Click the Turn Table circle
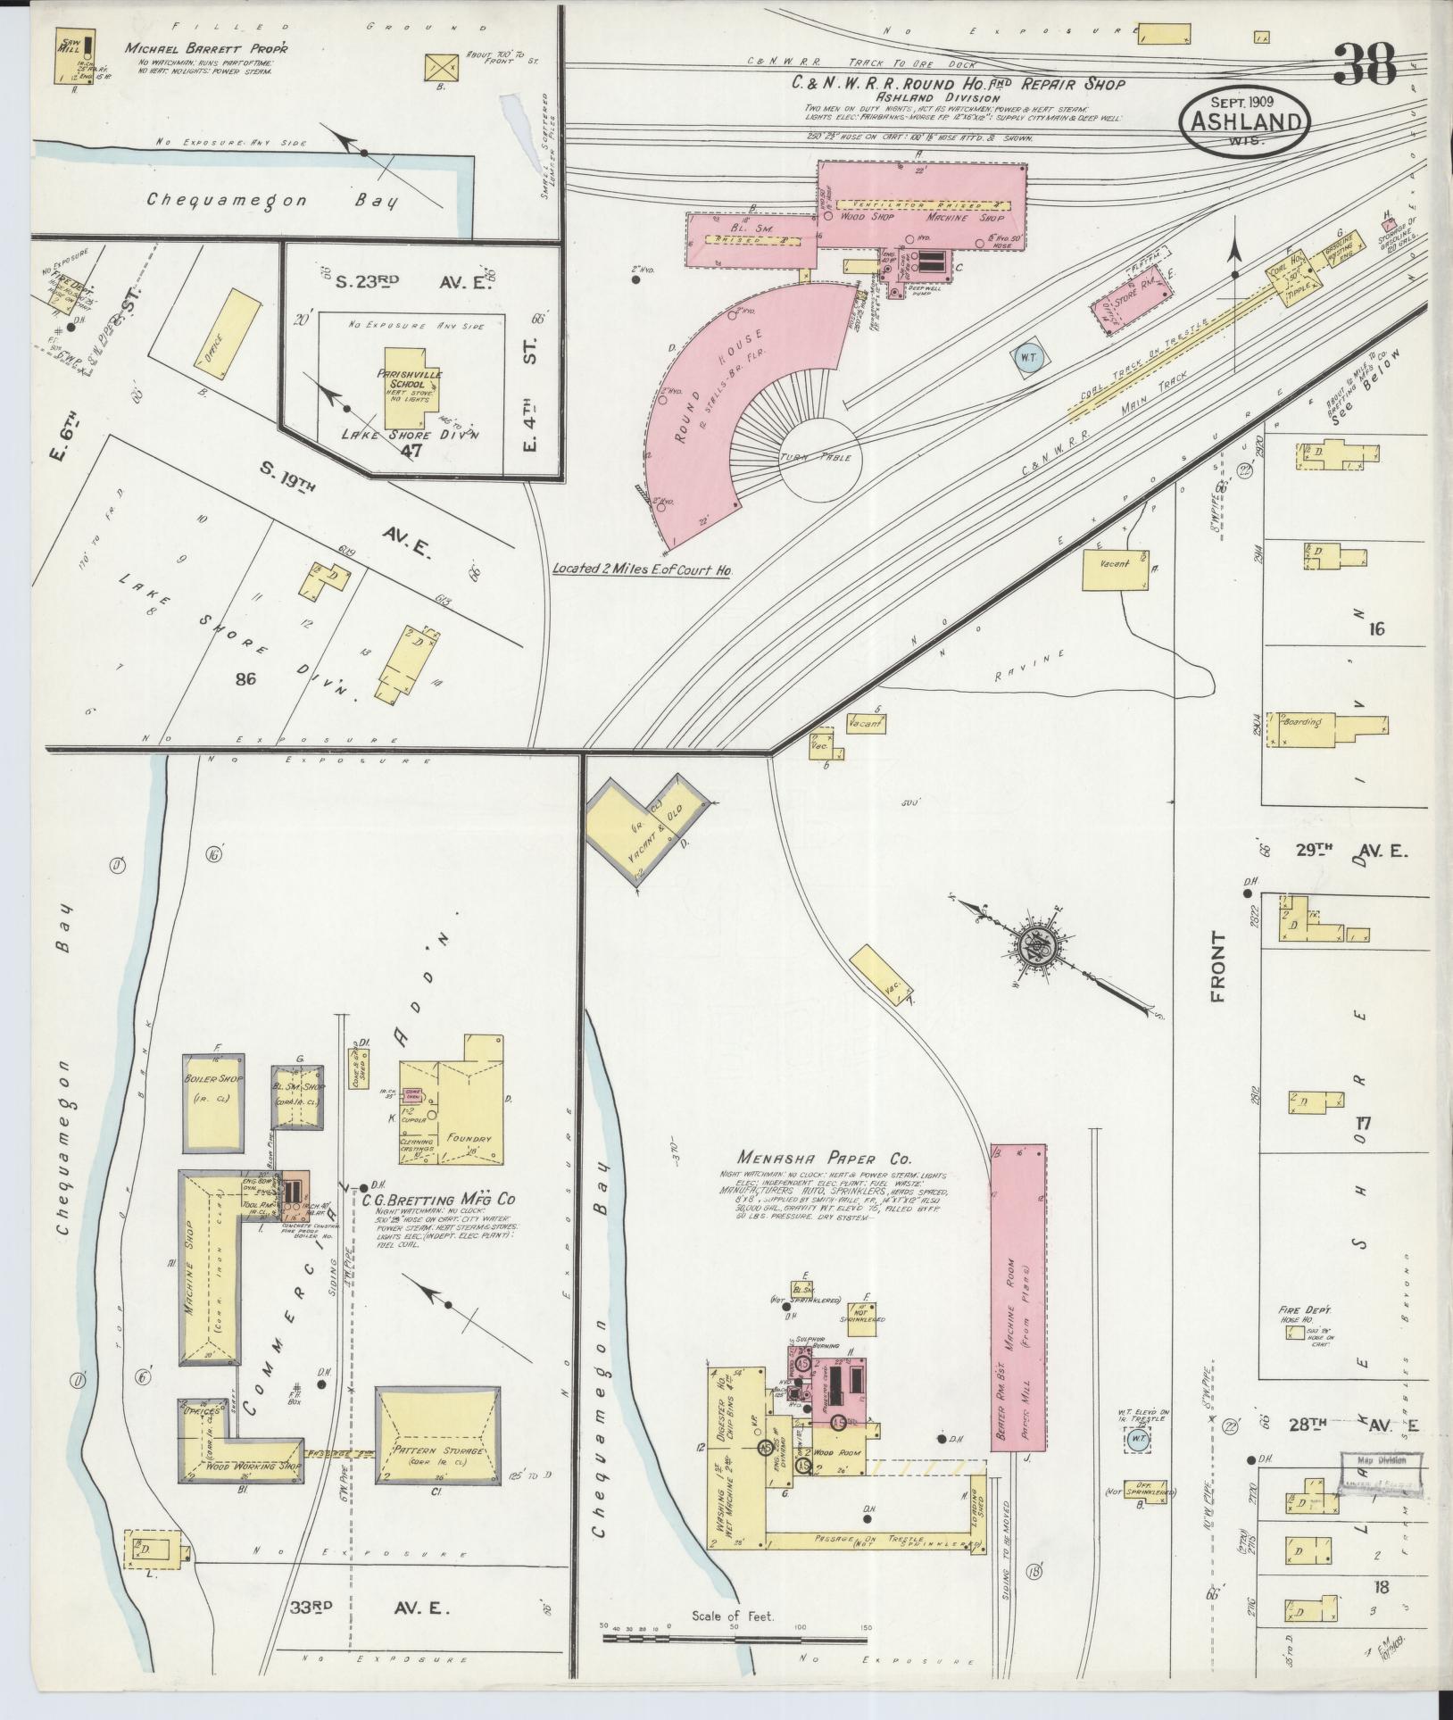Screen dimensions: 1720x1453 tap(819, 457)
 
